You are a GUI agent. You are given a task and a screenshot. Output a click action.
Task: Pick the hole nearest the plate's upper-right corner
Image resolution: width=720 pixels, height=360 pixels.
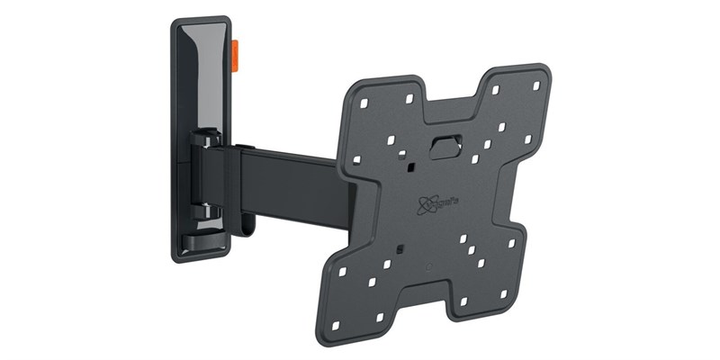[x=536, y=86]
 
